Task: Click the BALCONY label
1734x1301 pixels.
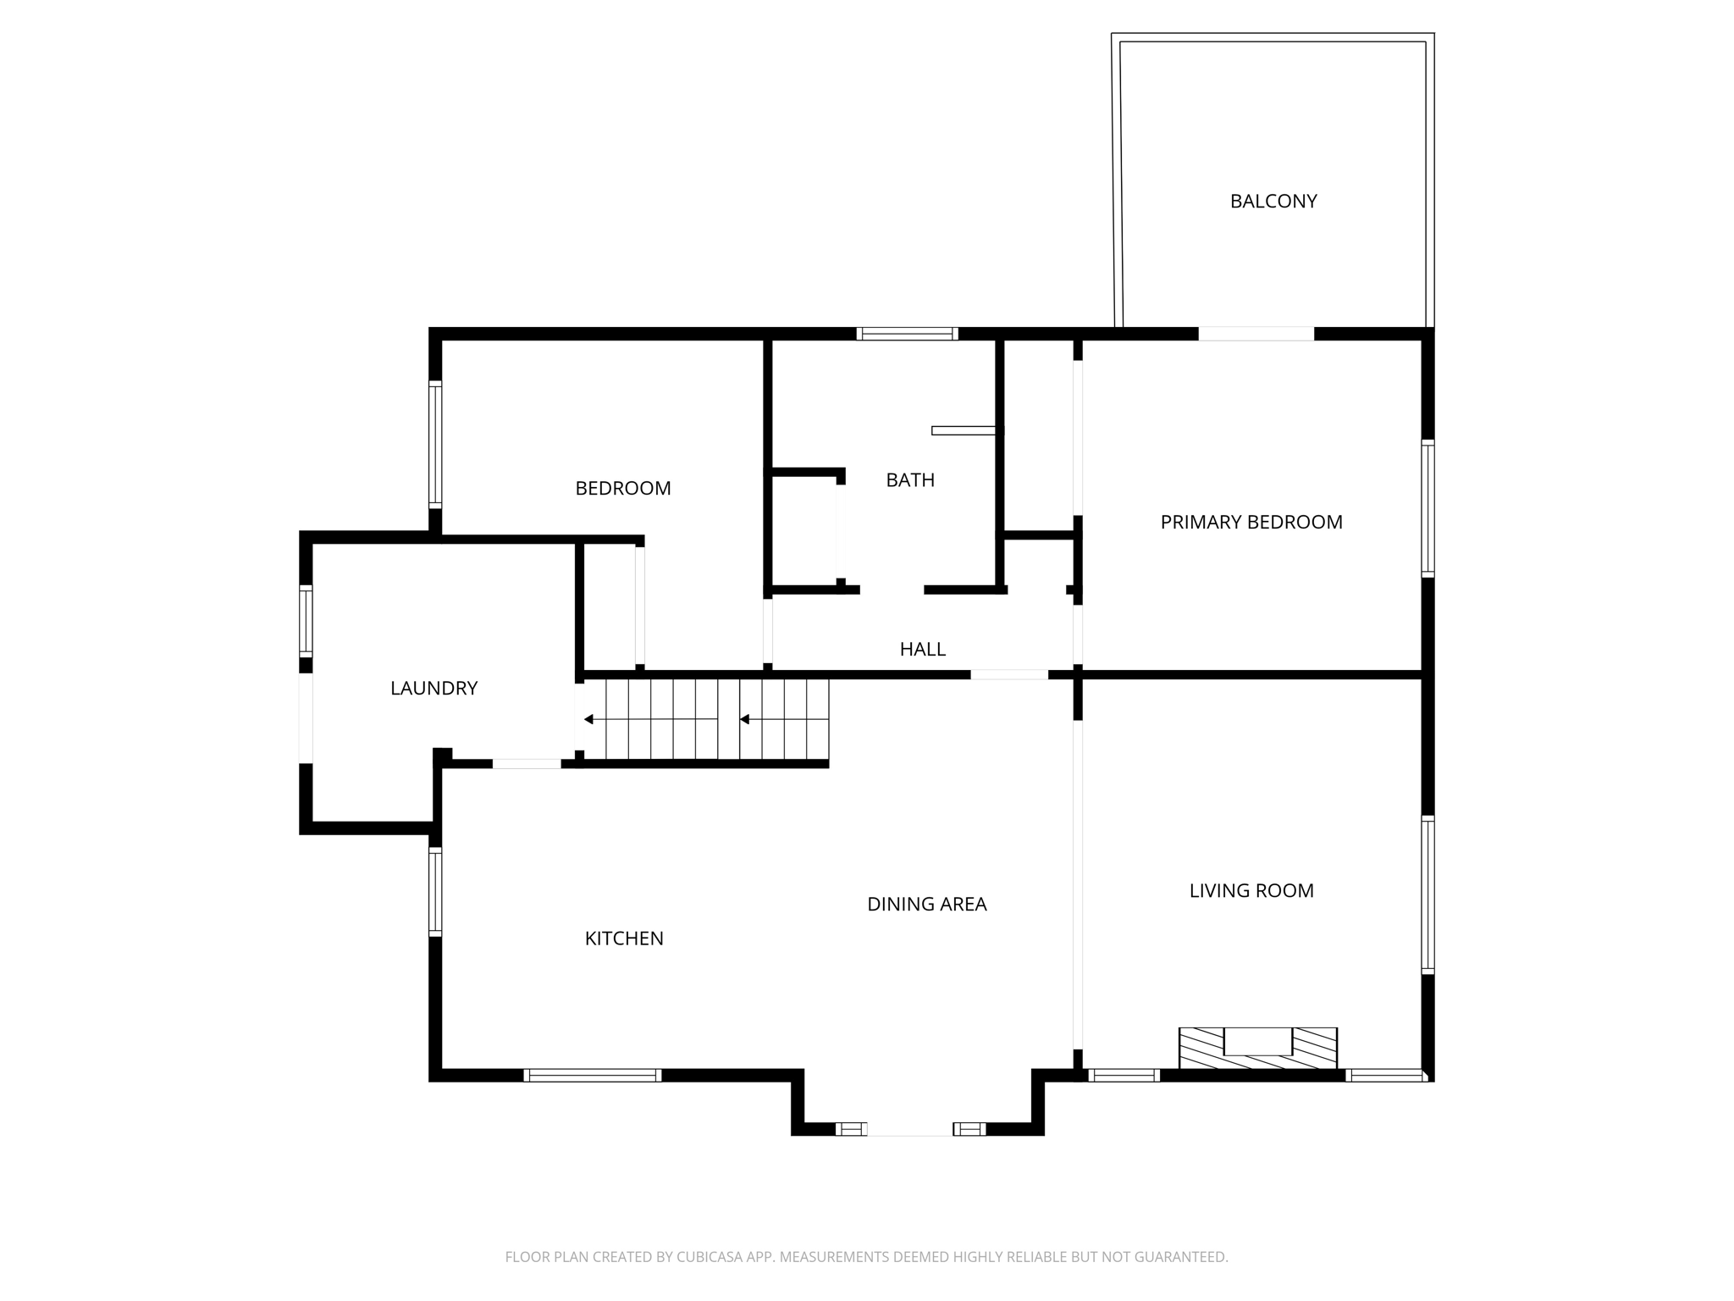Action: (x=1273, y=202)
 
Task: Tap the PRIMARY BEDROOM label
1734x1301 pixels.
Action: (x=1251, y=523)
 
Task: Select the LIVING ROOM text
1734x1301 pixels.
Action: (x=1251, y=891)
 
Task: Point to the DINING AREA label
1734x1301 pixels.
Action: (x=926, y=905)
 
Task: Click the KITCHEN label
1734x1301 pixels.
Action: (x=624, y=938)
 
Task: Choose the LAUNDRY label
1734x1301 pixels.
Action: (x=433, y=689)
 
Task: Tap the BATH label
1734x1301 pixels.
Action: (x=910, y=480)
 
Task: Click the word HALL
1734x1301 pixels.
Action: (x=922, y=650)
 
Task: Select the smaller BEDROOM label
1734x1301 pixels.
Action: (x=622, y=489)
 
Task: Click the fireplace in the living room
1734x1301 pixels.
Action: (x=1257, y=1049)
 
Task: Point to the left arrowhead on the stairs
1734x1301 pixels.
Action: (x=588, y=720)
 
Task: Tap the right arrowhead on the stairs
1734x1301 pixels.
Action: (x=744, y=720)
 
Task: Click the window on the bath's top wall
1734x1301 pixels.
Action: (x=907, y=334)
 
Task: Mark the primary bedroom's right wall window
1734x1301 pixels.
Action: (x=1428, y=508)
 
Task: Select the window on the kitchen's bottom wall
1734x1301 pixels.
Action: (x=592, y=1076)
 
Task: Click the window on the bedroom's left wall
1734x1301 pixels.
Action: (x=435, y=445)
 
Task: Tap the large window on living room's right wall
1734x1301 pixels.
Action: (x=1428, y=894)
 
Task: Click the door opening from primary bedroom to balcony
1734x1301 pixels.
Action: (x=1256, y=334)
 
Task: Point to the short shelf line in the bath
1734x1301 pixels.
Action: (x=963, y=431)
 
